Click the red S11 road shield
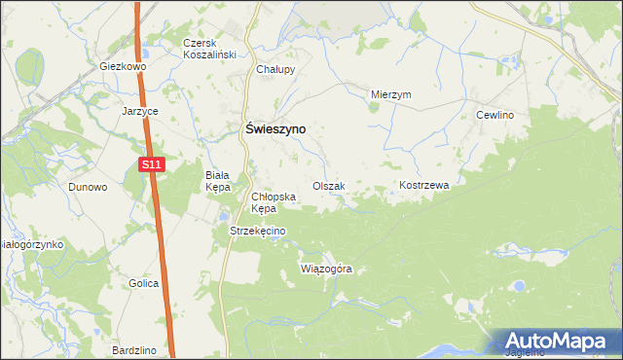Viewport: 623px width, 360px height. tap(150, 166)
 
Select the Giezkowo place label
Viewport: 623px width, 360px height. tap(123, 67)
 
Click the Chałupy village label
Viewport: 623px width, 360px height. tap(275, 70)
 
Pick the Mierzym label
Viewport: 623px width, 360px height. tap(392, 94)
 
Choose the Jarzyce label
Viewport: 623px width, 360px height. tap(140, 111)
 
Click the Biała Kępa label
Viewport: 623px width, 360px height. tap(216, 181)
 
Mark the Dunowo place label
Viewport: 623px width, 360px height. tap(87, 187)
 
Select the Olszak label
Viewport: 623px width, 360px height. tap(328, 186)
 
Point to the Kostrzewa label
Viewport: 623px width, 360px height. tap(422, 185)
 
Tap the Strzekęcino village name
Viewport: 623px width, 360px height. tap(257, 231)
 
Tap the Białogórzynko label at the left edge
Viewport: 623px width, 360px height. tap(31, 244)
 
